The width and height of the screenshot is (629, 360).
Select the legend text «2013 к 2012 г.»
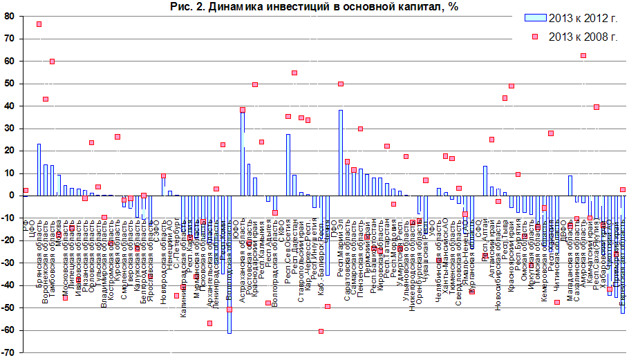[x=584, y=17]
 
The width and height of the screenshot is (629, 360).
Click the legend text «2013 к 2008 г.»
[x=584, y=37]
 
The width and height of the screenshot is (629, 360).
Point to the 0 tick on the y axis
[x=11, y=196]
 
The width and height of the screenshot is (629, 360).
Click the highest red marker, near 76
[x=39, y=24]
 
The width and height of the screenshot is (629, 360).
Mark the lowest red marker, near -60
[x=321, y=332]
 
